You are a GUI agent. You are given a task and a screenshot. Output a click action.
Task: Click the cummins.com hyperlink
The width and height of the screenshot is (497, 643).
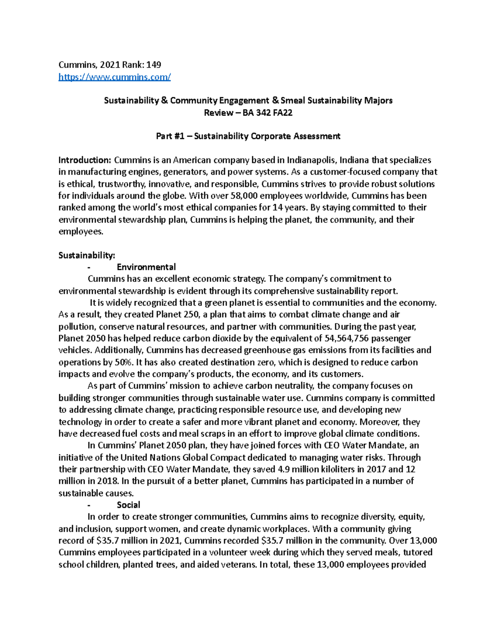114,77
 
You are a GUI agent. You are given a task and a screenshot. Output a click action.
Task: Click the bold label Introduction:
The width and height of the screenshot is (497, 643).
85,160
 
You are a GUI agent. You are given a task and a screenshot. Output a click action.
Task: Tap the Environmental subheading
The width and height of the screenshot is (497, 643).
146,267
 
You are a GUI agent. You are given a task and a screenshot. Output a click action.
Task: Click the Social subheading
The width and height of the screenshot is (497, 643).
128,505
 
